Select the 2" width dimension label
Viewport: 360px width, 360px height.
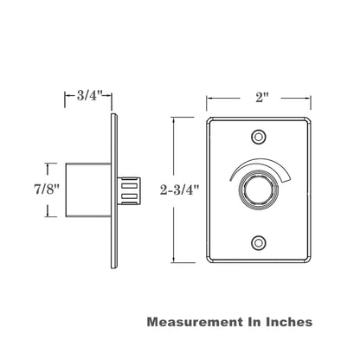click(x=259, y=98)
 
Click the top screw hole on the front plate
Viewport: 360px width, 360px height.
click(x=258, y=136)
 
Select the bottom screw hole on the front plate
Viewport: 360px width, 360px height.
click(x=258, y=242)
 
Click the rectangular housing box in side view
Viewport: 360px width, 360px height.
click(x=87, y=189)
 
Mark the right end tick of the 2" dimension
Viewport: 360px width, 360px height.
click(x=310, y=99)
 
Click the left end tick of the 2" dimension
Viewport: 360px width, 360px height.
click(x=207, y=99)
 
